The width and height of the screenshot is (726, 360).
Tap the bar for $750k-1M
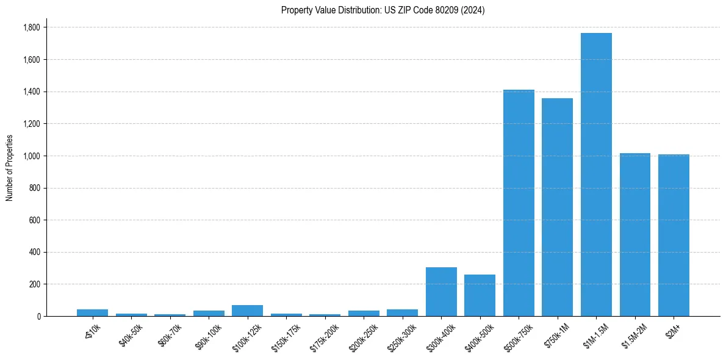pyautogui.click(x=557, y=207)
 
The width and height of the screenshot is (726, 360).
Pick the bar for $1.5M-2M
pyautogui.click(x=634, y=235)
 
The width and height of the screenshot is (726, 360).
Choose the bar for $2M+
pyautogui.click(x=674, y=236)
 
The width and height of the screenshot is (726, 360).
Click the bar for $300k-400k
pyautogui.click(x=441, y=292)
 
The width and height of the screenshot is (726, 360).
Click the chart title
pyautogui.click(x=383, y=10)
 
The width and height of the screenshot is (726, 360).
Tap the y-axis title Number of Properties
pyautogui.click(x=10, y=168)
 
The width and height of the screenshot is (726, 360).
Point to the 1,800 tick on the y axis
pyautogui.click(x=31, y=27)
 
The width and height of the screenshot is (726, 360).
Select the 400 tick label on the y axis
pyautogui.click(x=35, y=253)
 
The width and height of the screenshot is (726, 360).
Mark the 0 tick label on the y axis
pyautogui.click(x=38, y=317)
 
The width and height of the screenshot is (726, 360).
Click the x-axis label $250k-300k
pyautogui.click(x=400, y=332)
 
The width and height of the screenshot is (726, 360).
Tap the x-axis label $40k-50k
pyautogui.click(x=130, y=331)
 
